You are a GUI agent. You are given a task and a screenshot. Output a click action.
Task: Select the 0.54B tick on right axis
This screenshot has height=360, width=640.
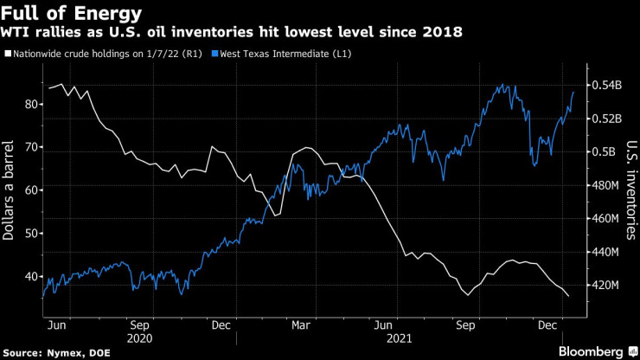tap(606, 86)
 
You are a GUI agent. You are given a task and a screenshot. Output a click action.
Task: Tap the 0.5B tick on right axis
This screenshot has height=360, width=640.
tap(604, 151)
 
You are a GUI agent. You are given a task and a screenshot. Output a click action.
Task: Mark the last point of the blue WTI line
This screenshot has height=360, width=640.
tap(573, 91)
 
